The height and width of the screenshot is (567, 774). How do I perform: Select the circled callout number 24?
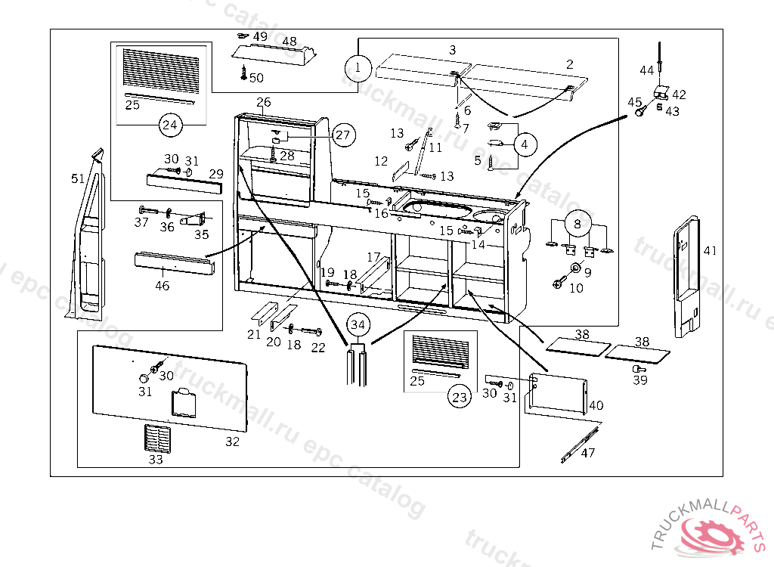coord(171,124)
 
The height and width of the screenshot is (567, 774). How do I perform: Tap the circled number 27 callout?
coord(343,135)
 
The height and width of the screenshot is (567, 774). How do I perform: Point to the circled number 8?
coord(577,224)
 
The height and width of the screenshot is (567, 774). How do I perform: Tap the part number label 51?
coord(77,178)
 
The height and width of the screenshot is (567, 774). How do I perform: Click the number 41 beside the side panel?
coord(709,251)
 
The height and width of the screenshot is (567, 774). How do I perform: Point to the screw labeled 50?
coord(243,73)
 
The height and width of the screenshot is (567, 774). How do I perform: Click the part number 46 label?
coord(163,286)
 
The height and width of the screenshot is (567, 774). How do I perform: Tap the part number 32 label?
coord(232,442)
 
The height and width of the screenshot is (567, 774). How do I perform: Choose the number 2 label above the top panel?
coord(569,64)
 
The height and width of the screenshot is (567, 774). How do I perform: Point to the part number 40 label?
coord(596,405)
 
